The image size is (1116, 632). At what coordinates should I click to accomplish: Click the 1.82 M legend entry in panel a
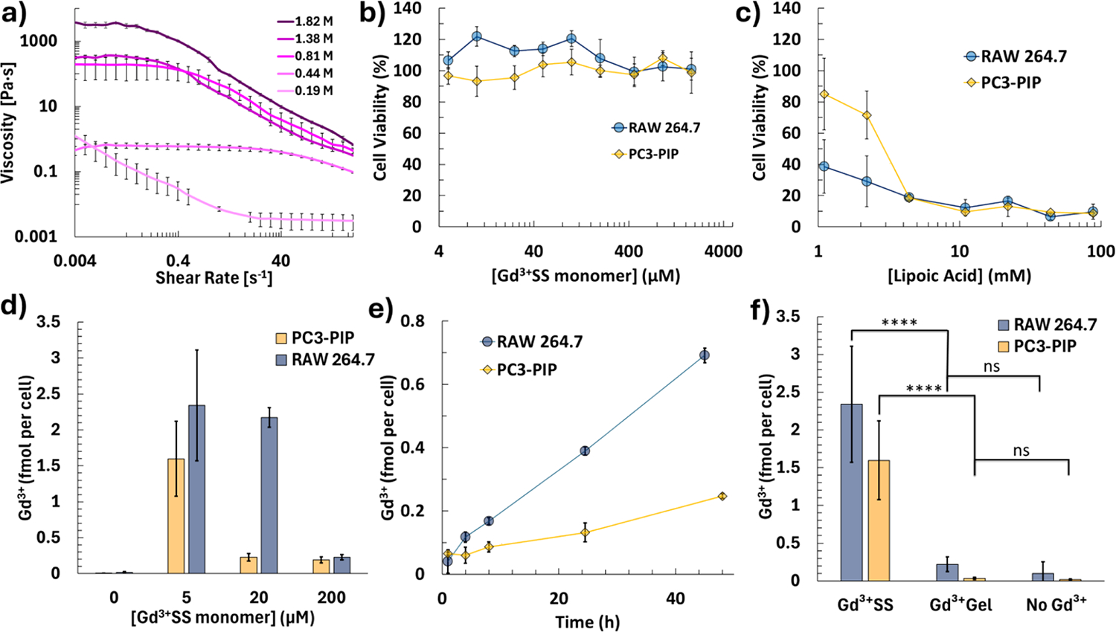(304, 22)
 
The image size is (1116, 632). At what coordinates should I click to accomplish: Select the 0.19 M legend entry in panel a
(304, 91)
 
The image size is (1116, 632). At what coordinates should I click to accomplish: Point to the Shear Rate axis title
(214, 279)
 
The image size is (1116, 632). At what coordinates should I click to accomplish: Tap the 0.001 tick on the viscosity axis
(36, 236)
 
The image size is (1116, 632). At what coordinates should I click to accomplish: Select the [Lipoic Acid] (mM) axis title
(959, 276)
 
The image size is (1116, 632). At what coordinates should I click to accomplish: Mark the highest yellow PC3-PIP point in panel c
(824, 94)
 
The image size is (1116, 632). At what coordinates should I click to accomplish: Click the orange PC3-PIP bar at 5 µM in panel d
(176, 516)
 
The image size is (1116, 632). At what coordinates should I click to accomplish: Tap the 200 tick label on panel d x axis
(331, 598)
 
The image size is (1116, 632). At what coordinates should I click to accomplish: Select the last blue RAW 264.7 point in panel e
(704, 355)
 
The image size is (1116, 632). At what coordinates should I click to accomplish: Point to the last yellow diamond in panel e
(722, 496)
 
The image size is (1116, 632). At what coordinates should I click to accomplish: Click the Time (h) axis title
(587, 622)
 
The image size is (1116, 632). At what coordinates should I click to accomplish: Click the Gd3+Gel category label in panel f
(961, 604)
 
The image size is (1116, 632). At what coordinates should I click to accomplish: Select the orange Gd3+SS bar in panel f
(878, 520)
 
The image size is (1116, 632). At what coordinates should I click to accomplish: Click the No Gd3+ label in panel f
(1056, 604)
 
